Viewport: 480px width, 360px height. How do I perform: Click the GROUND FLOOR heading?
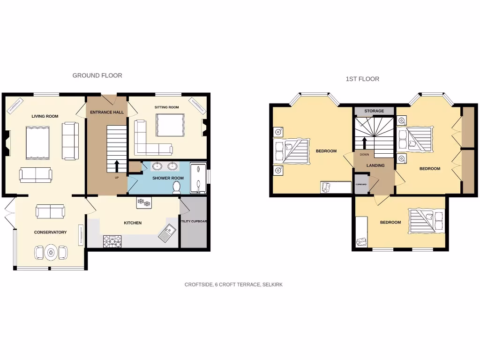tap(97, 75)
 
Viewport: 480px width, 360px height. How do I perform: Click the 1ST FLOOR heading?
tap(362, 79)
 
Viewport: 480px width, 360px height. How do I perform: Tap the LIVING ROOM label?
tap(45, 116)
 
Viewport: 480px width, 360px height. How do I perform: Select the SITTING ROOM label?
tap(167, 107)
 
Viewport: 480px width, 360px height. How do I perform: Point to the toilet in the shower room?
tap(177, 187)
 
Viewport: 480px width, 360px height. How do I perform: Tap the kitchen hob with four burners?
tap(112, 241)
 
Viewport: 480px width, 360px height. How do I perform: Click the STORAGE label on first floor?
tap(374, 111)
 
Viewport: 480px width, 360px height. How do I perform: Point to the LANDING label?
tap(375, 165)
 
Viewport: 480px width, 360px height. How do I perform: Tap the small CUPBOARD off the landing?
tap(361, 184)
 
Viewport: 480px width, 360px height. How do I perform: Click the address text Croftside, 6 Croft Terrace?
tap(233, 285)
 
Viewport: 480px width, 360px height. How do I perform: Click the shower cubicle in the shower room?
tap(198, 178)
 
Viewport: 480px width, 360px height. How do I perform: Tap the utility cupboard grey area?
tap(193, 222)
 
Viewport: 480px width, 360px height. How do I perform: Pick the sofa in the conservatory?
tap(50, 211)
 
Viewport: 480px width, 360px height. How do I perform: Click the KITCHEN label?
tap(133, 223)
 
